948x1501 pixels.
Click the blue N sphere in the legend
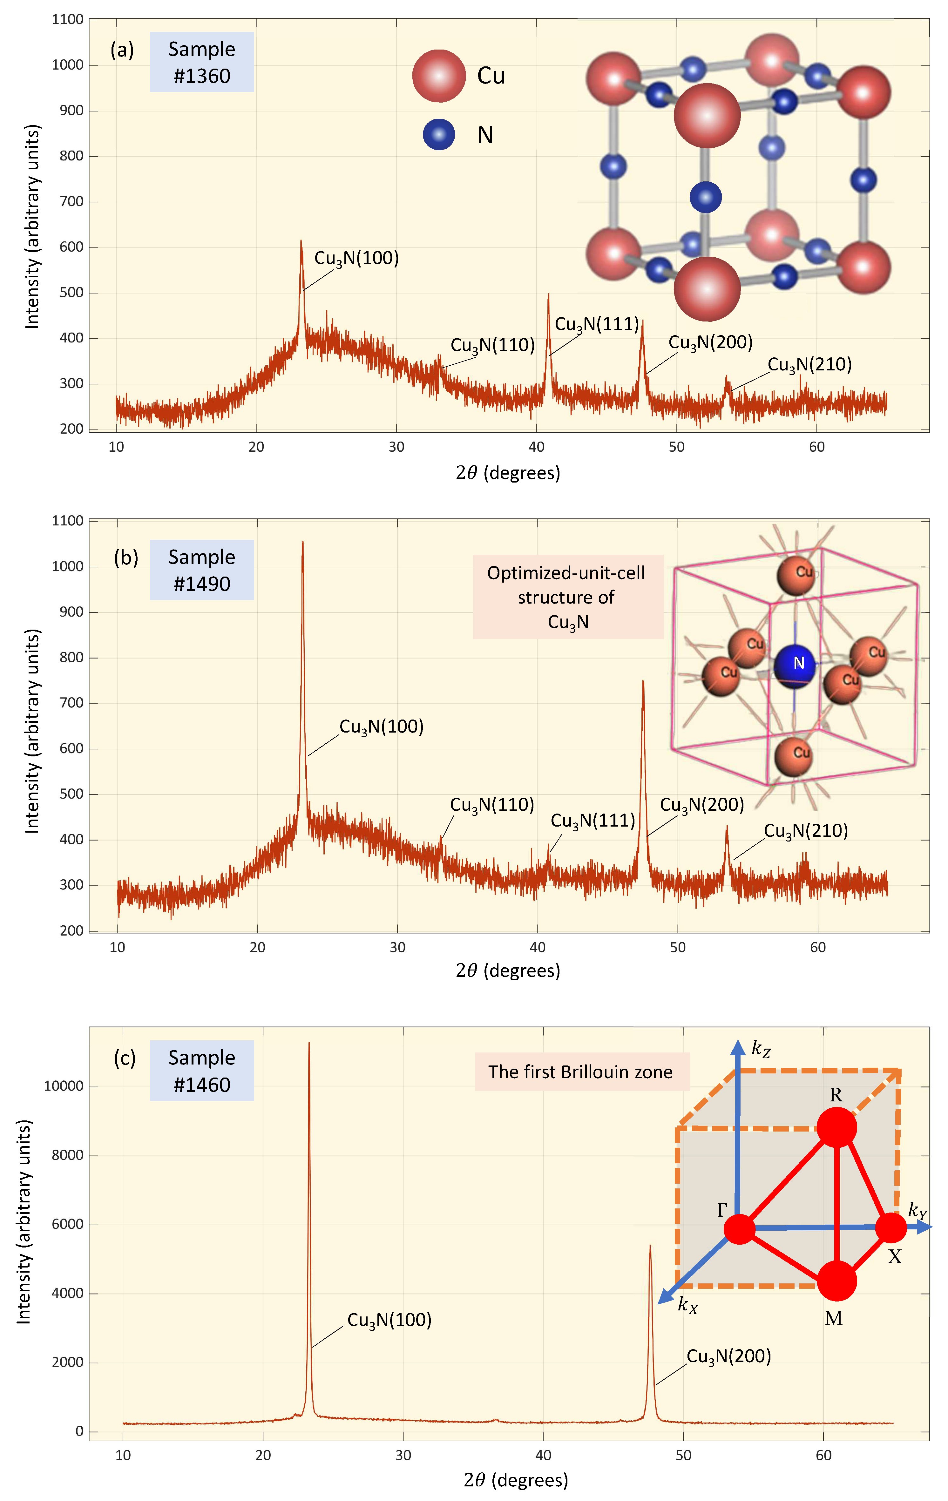(x=439, y=135)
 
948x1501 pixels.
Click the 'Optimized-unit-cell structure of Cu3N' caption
(x=566, y=597)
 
